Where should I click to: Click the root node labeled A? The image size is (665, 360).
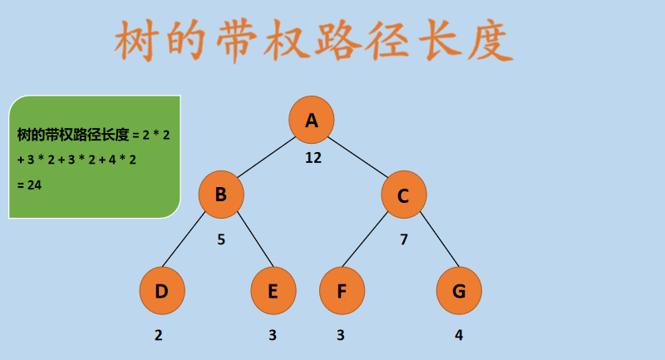[312, 120]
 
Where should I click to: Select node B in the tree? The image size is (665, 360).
[221, 195]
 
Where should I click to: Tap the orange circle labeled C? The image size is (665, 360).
[404, 195]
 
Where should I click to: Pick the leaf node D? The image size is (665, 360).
[162, 291]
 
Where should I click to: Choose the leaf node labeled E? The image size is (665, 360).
[273, 291]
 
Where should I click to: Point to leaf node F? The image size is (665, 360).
[342, 291]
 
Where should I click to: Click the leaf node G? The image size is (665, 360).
[459, 291]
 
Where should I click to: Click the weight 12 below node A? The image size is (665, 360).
[313, 157]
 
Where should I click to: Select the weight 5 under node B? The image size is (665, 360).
[221, 239]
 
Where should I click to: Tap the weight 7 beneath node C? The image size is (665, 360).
[404, 239]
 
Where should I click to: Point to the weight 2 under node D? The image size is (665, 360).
[158, 336]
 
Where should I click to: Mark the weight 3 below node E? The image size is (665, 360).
[272, 336]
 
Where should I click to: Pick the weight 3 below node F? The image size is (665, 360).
[340, 336]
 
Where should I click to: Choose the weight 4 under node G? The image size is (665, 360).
[459, 336]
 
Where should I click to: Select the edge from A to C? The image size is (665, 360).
[358, 157]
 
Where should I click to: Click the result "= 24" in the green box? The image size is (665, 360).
[29, 185]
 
